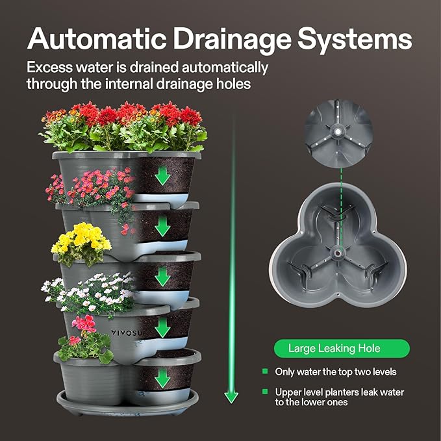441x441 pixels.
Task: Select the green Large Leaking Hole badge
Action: click(341, 349)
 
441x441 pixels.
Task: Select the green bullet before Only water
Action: click(265, 372)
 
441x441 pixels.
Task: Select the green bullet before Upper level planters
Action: click(265, 392)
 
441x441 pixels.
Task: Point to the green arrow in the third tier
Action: click(163, 277)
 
